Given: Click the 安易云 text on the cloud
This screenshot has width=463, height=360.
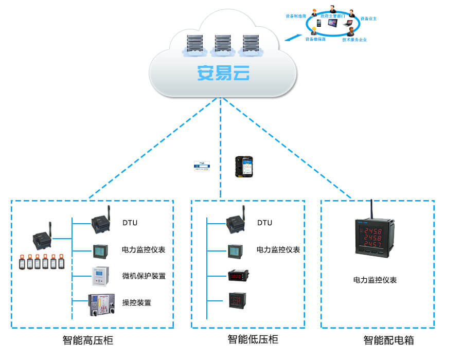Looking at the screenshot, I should (x=223, y=73).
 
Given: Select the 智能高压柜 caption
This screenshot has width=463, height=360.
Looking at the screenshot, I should (x=88, y=340).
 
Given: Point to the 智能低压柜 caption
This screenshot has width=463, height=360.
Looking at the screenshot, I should (x=253, y=339).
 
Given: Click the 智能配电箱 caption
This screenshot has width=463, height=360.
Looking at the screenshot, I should (x=389, y=340).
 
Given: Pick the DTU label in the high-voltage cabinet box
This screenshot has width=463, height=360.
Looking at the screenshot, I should (x=130, y=223).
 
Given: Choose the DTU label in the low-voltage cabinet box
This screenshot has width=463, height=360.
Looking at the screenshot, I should (x=264, y=223).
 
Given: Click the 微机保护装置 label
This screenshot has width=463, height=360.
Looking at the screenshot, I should (x=144, y=276).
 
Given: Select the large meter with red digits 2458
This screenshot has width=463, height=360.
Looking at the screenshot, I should (x=375, y=238).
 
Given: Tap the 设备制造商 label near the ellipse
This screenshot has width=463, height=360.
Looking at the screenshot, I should (x=296, y=16).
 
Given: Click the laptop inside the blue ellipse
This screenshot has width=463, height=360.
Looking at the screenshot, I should (x=348, y=23).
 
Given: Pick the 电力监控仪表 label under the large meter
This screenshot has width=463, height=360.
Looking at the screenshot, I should (x=375, y=280).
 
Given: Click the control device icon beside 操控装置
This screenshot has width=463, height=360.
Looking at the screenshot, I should (x=101, y=303).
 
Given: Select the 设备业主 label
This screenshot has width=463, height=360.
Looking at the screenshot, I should (x=368, y=19).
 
